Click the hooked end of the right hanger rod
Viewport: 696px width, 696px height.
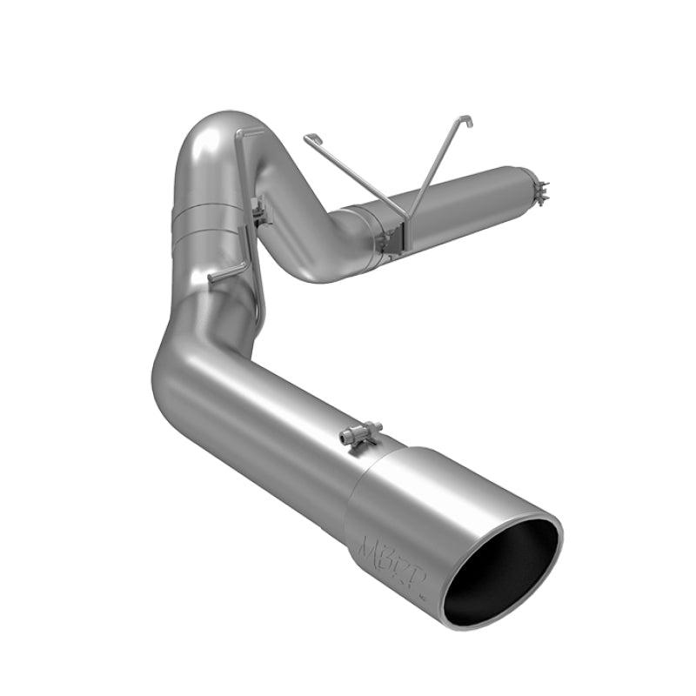(467, 120)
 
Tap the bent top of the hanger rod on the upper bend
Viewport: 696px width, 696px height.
(252, 133)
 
